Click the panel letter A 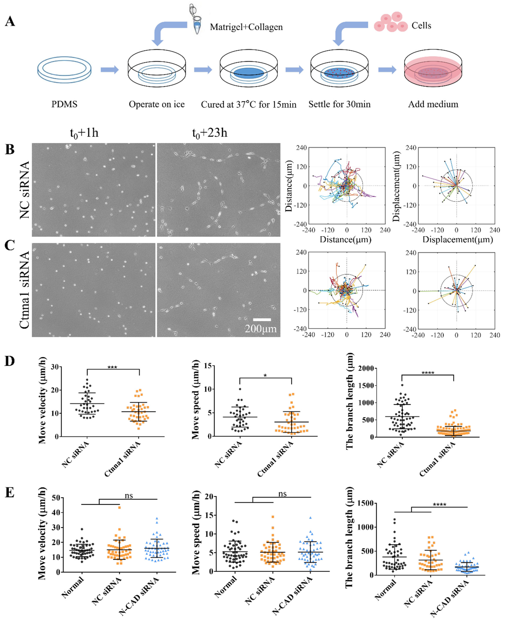tap(10, 21)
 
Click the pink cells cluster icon tap(391, 22)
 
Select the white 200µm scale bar tap(262, 320)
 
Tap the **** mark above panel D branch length tap(428, 373)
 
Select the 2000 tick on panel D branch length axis tap(366, 368)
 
